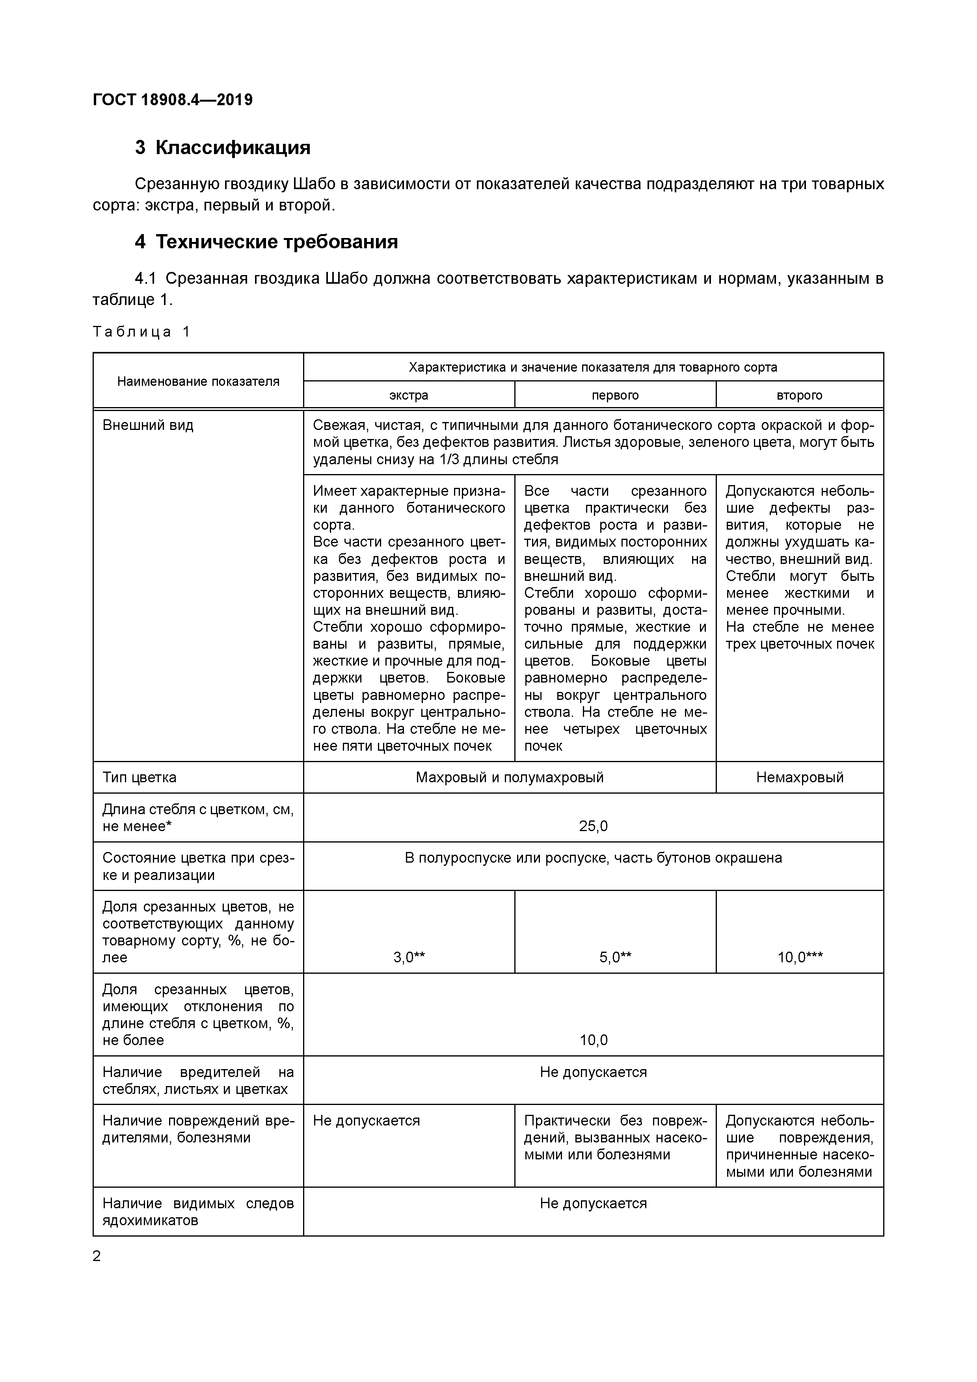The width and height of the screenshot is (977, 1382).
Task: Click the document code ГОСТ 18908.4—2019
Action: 173,100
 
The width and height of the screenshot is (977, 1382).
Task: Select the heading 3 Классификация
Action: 223,147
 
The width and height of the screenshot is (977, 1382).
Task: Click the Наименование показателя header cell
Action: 198,381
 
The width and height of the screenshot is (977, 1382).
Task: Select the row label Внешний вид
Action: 148,426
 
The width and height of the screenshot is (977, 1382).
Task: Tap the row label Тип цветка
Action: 140,777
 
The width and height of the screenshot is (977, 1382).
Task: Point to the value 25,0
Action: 593,826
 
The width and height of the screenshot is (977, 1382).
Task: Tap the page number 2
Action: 97,1256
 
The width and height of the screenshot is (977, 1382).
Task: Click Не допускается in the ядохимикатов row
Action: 593,1203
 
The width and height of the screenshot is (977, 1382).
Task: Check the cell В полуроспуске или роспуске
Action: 593,858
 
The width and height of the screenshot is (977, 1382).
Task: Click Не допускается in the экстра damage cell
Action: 366,1121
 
